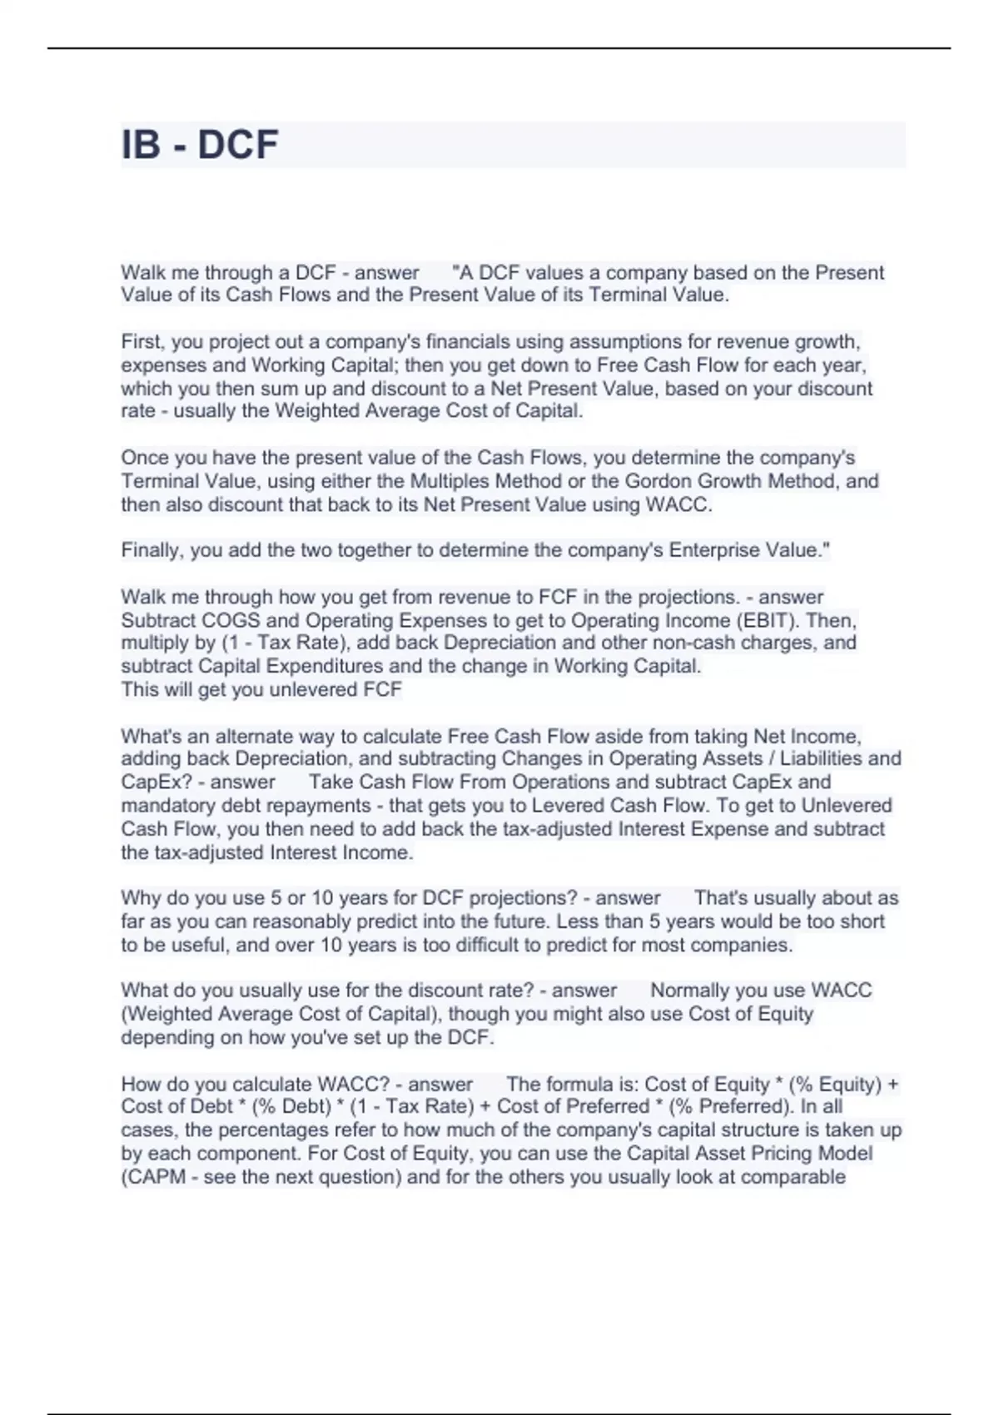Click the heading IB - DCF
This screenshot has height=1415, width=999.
click(x=200, y=145)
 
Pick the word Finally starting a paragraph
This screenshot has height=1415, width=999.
click(x=152, y=550)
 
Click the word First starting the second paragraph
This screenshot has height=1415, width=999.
click(x=142, y=342)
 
